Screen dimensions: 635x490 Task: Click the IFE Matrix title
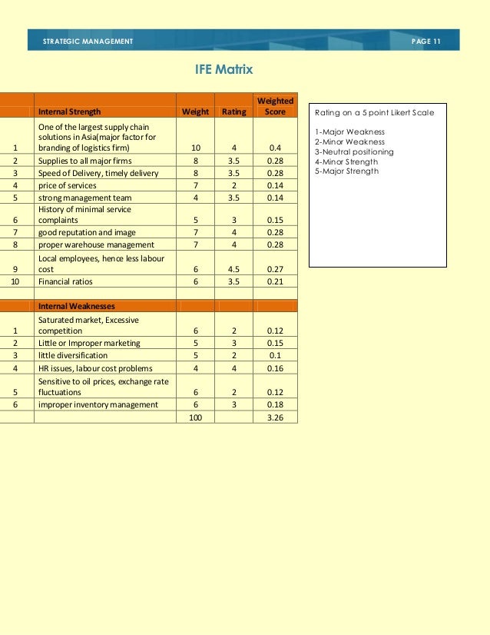pos(225,71)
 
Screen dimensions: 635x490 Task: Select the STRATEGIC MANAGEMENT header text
pos(88,41)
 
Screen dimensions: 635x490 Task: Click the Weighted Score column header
pos(275,106)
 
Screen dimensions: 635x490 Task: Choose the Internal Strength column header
pos(69,111)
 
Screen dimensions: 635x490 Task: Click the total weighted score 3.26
pos(275,417)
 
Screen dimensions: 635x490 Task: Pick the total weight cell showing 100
pos(195,417)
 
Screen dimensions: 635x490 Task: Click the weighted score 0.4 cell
pos(275,148)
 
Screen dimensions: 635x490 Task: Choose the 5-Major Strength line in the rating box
pos(346,171)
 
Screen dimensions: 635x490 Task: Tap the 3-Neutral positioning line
pos(354,151)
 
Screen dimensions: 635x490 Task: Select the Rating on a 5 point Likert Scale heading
pos(374,113)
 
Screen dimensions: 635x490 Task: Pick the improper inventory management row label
pos(98,404)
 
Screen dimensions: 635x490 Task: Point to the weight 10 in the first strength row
pos(195,148)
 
